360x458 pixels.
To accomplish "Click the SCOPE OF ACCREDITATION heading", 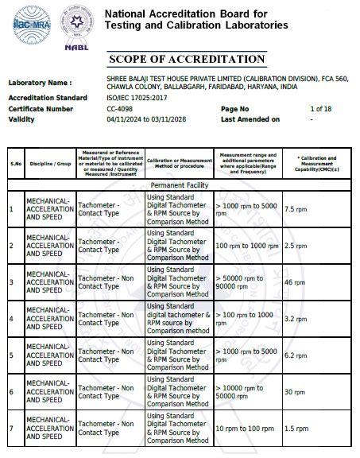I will [186, 60].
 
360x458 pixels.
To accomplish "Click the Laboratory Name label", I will [40, 83].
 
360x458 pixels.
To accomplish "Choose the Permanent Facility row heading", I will [180, 184].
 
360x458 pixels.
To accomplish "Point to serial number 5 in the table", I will [12, 355].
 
